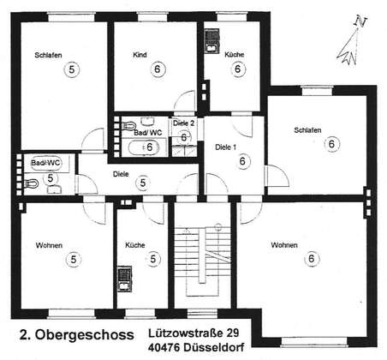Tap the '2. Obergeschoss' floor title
(77, 335)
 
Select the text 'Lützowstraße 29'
(193, 333)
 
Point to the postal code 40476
(164, 347)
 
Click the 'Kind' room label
(140, 55)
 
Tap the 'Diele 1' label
(225, 147)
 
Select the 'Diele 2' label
(183, 123)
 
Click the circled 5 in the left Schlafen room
(72, 69)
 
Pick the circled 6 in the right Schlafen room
(331, 143)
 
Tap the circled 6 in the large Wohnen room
(312, 259)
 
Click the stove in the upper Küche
(211, 41)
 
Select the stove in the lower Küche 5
(125, 279)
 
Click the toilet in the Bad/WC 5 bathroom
(32, 183)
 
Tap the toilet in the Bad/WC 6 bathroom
(128, 125)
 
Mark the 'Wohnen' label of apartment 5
(49, 245)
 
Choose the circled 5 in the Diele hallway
(143, 183)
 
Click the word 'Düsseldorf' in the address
(214, 347)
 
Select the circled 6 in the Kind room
(158, 69)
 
